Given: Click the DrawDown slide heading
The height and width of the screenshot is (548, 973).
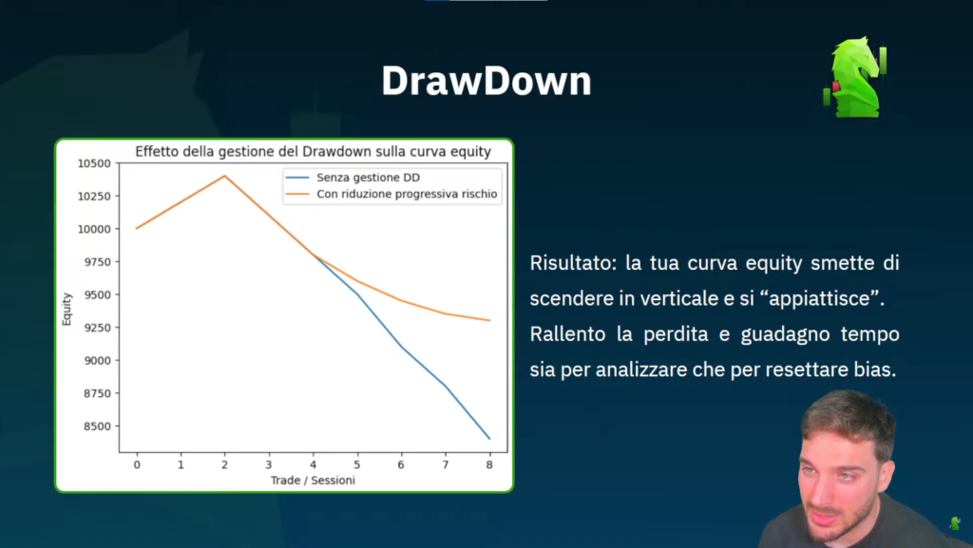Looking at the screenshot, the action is click(486, 82).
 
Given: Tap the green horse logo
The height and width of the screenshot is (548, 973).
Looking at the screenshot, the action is click(855, 78).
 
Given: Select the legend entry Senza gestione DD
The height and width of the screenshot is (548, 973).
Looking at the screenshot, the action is click(368, 178).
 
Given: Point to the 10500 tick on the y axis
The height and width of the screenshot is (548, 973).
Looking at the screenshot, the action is click(94, 163).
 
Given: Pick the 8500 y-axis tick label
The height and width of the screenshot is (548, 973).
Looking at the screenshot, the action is click(97, 425).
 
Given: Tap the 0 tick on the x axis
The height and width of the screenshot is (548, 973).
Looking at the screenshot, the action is click(137, 464).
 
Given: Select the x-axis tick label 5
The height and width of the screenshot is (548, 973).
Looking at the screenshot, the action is click(357, 464).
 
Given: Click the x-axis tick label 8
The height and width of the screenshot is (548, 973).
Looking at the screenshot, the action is click(489, 464).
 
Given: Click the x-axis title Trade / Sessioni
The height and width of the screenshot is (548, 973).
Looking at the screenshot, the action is click(313, 481).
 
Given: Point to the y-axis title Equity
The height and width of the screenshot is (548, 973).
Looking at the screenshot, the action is click(67, 309).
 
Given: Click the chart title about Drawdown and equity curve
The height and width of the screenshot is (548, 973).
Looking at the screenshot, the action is click(313, 151).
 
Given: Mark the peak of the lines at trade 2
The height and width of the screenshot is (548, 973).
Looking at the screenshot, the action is click(224, 176).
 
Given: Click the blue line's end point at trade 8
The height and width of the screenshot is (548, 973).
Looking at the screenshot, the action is click(489, 438).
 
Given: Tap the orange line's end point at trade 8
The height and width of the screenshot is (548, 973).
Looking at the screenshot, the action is click(489, 320).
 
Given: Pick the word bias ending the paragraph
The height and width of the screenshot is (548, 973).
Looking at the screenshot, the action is click(875, 369).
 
